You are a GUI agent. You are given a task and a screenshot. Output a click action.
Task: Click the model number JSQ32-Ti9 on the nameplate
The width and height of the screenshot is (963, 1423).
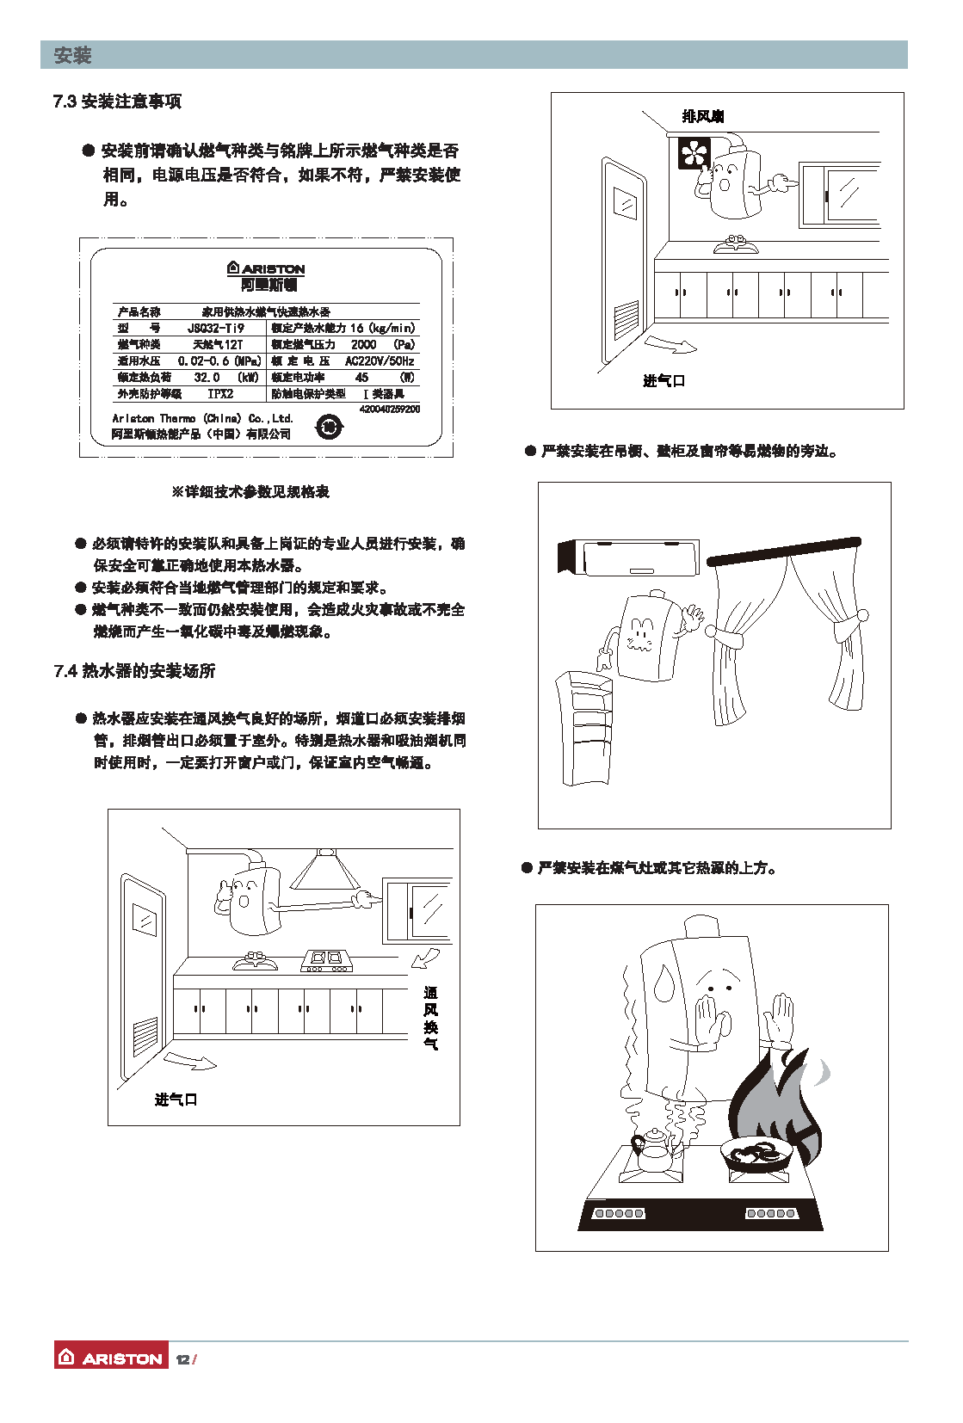point(215,328)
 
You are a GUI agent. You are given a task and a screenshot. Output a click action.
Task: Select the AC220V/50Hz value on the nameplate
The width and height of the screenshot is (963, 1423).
point(380,361)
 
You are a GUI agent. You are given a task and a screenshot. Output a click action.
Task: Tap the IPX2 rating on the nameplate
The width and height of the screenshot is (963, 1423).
point(220,393)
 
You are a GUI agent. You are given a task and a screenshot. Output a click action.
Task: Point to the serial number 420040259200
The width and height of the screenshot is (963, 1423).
point(390,409)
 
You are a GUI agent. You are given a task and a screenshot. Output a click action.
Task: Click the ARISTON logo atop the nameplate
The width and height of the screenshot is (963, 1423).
point(267,268)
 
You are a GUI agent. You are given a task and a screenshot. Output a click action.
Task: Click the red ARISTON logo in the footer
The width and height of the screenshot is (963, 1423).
point(111,1358)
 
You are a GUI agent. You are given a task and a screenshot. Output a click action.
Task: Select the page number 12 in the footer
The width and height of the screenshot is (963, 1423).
point(182,1359)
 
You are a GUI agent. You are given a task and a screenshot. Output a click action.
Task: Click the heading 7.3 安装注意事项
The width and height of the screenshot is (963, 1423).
point(117,102)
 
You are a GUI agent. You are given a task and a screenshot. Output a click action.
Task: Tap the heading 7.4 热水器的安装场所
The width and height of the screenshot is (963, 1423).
point(134,671)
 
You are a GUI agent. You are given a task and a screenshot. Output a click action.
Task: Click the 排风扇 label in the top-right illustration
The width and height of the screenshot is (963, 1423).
point(702,117)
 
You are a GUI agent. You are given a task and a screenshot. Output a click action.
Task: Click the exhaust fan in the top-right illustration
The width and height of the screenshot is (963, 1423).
point(694,153)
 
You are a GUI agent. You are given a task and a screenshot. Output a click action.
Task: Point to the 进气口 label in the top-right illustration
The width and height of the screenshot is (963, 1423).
point(664,380)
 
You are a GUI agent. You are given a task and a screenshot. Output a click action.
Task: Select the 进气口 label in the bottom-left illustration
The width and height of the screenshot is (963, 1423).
point(176,1100)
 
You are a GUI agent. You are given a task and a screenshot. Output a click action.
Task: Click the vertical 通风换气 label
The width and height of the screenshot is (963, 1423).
point(430,1018)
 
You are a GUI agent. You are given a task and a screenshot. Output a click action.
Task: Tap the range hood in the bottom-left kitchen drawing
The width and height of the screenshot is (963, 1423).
point(324,869)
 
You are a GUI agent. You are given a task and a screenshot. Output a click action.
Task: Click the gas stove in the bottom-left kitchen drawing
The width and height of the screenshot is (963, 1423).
point(327,960)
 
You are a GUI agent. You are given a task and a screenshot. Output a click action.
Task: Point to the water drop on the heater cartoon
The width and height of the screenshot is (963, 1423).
point(664,983)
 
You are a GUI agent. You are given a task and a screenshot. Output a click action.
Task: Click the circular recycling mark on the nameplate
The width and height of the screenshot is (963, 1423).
point(329,427)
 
